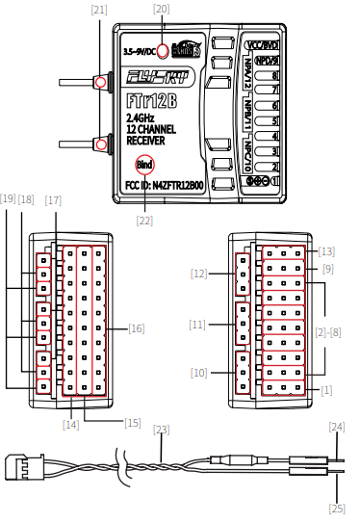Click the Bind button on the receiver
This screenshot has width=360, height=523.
click(143, 164)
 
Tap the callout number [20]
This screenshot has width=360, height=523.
click(161, 9)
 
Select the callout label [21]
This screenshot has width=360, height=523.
click(99, 9)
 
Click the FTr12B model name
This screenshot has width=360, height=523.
click(150, 100)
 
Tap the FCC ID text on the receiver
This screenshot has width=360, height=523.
click(164, 184)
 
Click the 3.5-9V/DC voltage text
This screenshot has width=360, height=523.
click(139, 50)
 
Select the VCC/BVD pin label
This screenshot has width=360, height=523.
click(262, 44)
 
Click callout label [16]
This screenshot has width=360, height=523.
click(136, 328)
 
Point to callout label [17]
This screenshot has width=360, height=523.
click(53, 200)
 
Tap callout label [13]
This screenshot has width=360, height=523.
click(326, 250)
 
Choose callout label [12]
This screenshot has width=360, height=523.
click(200, 275)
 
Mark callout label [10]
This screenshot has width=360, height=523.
click(200, 372)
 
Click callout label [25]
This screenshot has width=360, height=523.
click(336, 508)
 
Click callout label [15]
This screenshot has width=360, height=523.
click(133, 423)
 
